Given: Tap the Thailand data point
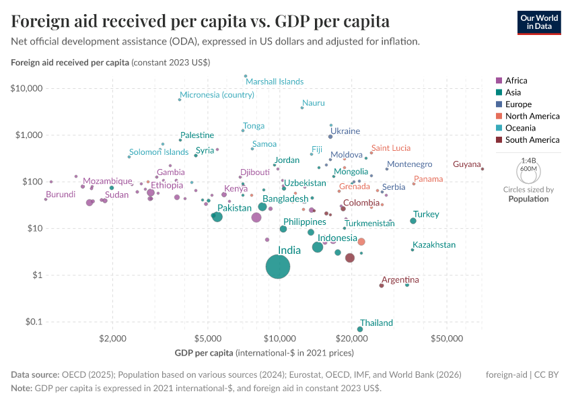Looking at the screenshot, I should point(360,329).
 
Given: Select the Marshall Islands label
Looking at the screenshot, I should point(275,81).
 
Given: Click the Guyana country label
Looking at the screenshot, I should point(467,164).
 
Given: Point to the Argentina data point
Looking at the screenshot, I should point(382,285).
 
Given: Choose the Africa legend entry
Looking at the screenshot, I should point(516,80).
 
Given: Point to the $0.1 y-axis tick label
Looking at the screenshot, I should point(32,322).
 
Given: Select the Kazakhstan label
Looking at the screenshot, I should point(434,245).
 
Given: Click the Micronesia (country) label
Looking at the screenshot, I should point(217,95).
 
